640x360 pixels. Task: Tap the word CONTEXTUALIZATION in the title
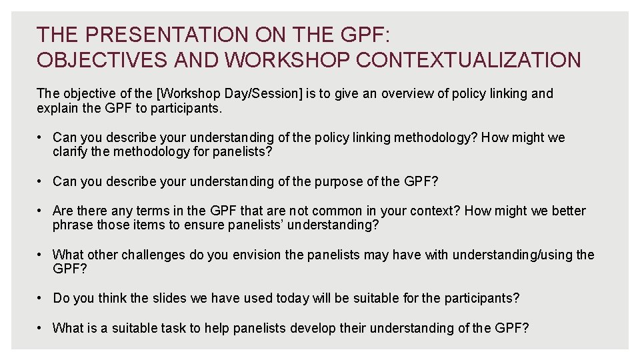tap(469, 60)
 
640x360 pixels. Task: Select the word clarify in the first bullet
tap(71, 151)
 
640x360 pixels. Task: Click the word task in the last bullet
tap(193, 328)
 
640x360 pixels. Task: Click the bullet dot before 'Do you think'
tap(42, 298)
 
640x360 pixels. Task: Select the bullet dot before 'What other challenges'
tap(42, 255)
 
